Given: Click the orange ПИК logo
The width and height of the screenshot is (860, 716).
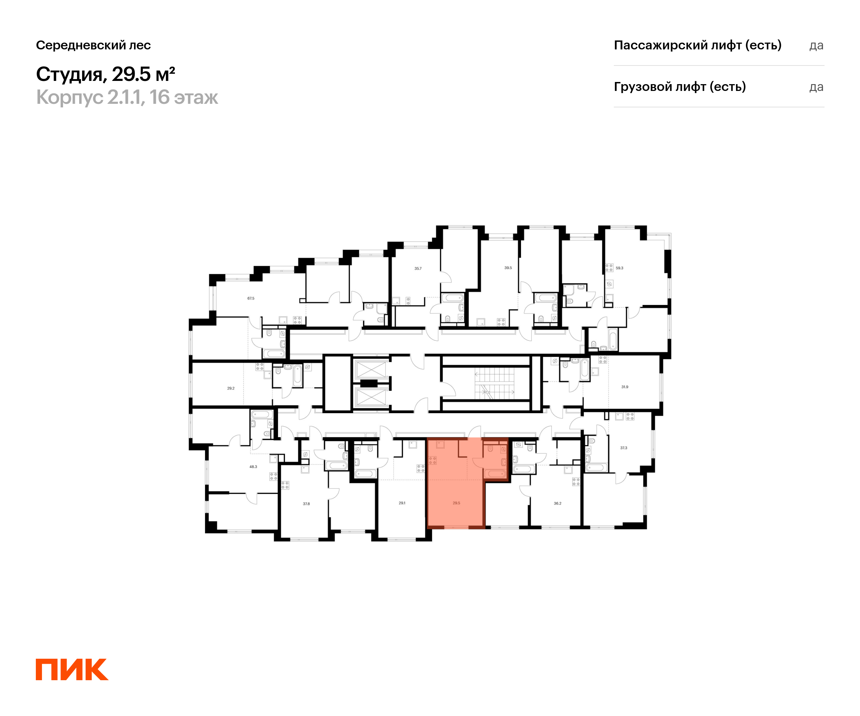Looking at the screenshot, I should click(x=72, y=669).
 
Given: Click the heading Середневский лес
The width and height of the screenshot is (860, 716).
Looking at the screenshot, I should click(x=94, y=45).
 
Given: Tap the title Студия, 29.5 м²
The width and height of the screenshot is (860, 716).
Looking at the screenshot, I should click(x=106, y=74).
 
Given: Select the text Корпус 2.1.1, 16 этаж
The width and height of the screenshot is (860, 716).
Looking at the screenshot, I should click(x=127, y=97).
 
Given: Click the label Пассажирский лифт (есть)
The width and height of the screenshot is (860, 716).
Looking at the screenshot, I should click(x=697, y=45).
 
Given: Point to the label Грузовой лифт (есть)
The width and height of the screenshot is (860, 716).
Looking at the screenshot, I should click(x=680, y=87).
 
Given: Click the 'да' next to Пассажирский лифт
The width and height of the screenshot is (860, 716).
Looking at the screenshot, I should click(x=816, y=45).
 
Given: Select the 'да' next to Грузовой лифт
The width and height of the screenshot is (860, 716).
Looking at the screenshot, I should click(x=816, y=87).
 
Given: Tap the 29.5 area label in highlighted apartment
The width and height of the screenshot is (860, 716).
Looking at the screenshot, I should click(x=456, y=503).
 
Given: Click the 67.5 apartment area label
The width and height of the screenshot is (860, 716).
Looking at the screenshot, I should click(x=250, y=298).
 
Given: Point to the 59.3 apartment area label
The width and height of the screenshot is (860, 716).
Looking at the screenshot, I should click(x=619, y=268).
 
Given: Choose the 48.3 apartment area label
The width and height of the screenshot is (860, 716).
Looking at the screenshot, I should click(x=253, y=466).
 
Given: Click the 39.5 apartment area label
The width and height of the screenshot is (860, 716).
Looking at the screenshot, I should click(x=508, y=267).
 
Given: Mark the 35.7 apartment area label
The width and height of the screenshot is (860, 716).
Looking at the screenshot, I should click(x=418, y=268).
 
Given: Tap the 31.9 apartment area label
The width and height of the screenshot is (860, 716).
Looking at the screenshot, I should click(x=625, y=387).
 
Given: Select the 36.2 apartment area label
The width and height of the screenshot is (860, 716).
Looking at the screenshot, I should click(x=557, y=503).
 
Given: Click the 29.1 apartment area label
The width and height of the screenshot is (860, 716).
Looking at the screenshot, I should click(x=402, y=503).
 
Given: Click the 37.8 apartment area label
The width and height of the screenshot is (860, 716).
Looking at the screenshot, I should click(x=306, y=504).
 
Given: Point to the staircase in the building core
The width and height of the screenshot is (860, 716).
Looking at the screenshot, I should click(x=494, y=383).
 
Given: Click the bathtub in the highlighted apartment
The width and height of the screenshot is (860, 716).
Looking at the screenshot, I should click(x=495, y=474).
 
